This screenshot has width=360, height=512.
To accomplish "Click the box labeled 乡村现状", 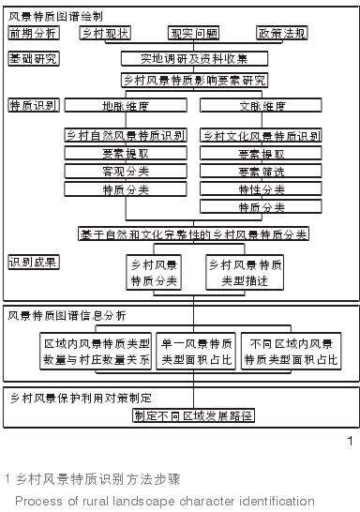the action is coord(104,33).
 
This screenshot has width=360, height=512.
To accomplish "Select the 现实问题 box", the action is coord(193,33).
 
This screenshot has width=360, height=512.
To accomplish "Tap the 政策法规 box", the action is coord(281,33).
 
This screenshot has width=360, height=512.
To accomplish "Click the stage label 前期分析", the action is coord(33,33).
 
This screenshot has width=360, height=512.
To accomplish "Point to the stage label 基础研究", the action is coord(33,58).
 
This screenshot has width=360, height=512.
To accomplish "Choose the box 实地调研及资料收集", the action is coord(195,58).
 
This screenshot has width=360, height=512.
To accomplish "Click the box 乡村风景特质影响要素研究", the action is coord(194,81).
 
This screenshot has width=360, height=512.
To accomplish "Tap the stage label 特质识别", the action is coord(33,104).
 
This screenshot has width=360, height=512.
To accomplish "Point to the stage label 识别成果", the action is coord(33,261).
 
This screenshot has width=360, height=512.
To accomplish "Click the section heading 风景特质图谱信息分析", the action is coord(67,315).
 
